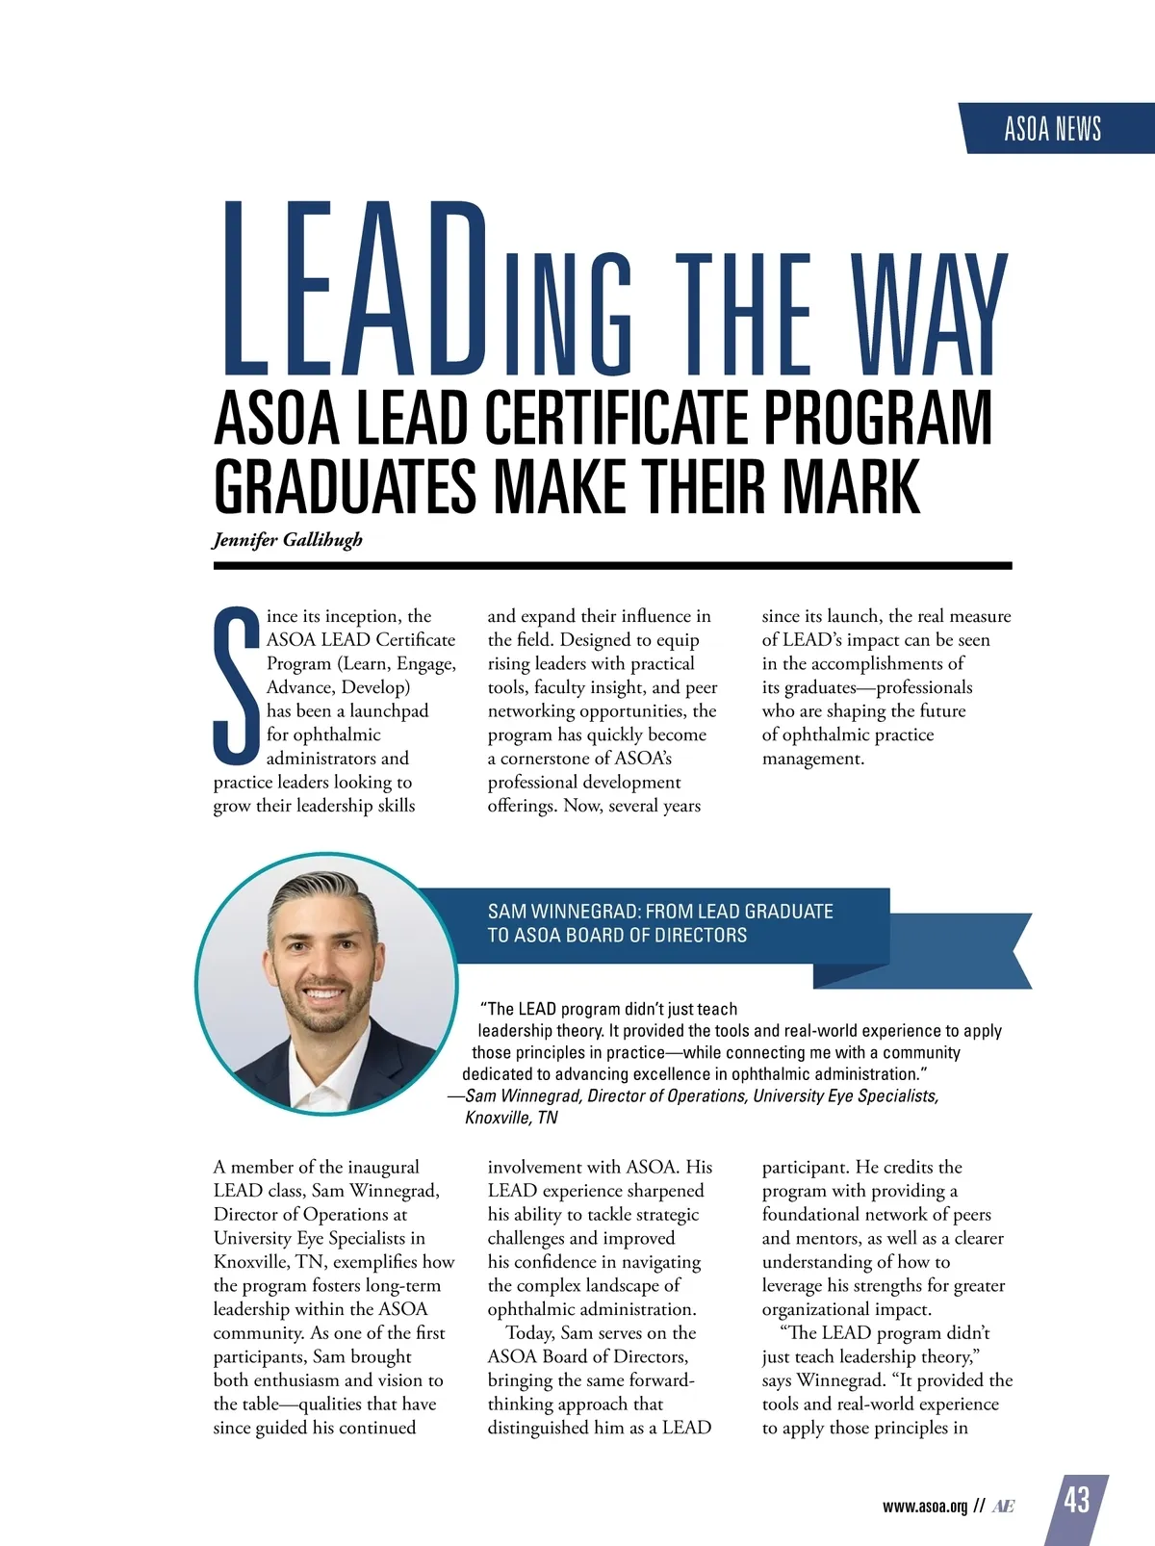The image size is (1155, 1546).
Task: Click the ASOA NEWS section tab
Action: click(1053, 129)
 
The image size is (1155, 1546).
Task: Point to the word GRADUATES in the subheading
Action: click(345, 487)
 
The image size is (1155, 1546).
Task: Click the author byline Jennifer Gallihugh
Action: click(288, 539)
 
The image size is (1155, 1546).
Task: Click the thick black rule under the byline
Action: click(612, 566)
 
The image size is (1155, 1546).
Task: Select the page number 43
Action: click(1077, 1500)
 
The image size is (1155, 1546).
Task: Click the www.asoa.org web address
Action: click(924, 1507)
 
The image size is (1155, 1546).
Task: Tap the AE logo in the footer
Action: click(1002, 1507)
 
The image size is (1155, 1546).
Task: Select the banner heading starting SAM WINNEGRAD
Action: click(660, 922)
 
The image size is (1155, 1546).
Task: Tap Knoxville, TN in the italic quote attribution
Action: click(511, 1118)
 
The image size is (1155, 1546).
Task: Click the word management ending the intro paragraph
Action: click(811, 759)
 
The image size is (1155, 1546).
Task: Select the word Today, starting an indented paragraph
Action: click(530, 1333)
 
